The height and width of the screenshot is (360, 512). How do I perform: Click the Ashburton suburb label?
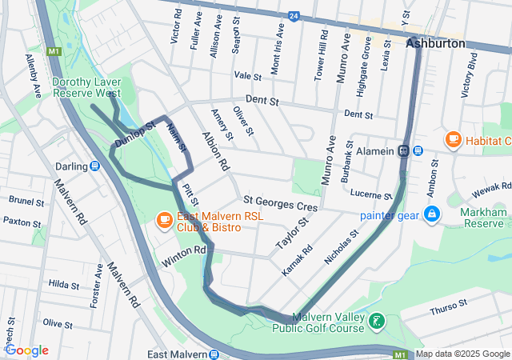pos(435,43)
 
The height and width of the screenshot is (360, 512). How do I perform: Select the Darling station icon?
pos(94,166)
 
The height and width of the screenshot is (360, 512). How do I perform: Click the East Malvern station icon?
pos(214,354)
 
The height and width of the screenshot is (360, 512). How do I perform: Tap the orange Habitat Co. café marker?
pos(454,140)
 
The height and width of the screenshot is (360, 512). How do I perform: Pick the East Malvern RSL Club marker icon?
pos(163,218)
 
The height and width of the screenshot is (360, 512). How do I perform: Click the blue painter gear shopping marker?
pos(431,214)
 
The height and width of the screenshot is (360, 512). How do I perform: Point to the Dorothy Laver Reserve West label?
pos(86,87)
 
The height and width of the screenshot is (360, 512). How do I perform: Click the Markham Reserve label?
pos(484,218)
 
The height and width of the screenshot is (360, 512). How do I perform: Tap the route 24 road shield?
pos(294,15)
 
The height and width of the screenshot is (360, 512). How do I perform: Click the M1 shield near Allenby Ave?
pos(54,52)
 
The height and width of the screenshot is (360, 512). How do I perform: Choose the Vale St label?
pos(248,75)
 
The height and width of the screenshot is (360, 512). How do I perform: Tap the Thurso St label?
pos(447,306)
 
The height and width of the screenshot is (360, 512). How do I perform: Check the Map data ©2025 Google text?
pos(462,354)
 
